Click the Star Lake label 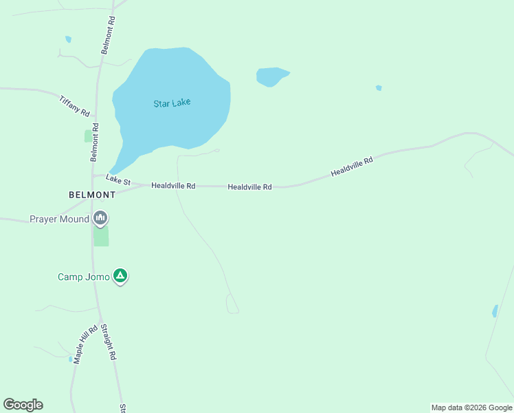click(x=172, y=103)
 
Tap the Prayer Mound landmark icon click(x=100, y=219)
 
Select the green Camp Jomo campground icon click(x=120, y=277)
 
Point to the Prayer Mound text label click(x=59, y=220)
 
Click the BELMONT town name click(x=92, y=195)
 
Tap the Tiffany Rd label click(x=75, y=106)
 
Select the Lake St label click(x=118, y=180)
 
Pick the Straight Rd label click(x=109, y=342)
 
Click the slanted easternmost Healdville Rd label click(x=351, y=167)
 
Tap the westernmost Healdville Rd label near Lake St click(x=173, y=186)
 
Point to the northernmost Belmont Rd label click(x=107, y=34)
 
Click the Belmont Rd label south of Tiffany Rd click(x=95, y=142)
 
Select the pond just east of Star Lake click(x=271, y=76)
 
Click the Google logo click(x=23, y=405)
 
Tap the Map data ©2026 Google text click(x=471, y=407)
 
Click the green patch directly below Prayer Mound click(x=101, y=237)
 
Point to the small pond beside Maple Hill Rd click(x=71, y=359)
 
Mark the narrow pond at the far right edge click(x=495, y=311)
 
